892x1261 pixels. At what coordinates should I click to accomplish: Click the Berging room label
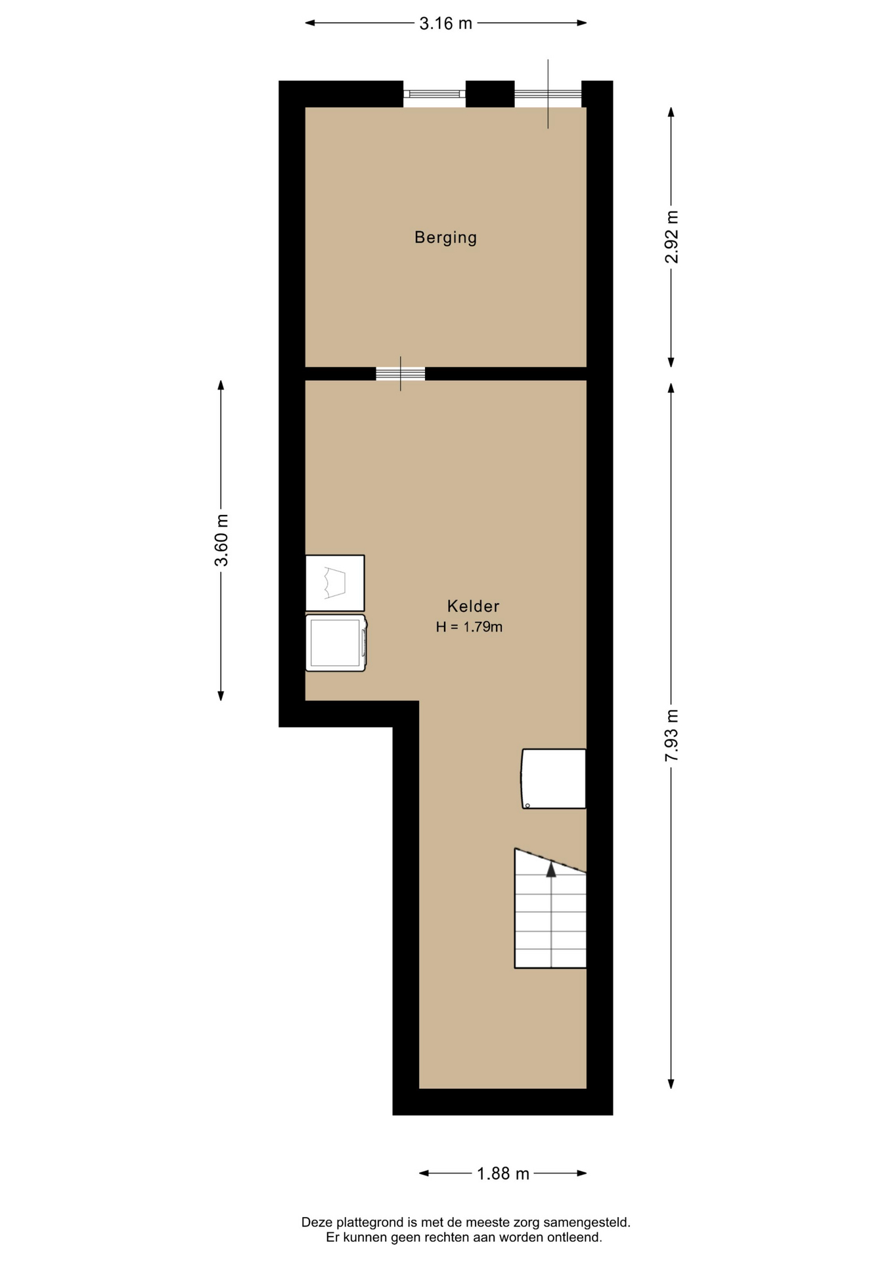[445, 237]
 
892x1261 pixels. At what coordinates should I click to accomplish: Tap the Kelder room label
[473, 606]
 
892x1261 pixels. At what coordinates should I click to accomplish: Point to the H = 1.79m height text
[469, 627]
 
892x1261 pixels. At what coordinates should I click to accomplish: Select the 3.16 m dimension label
[445, 24]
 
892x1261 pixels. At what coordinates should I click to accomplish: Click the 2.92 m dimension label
[671, 237]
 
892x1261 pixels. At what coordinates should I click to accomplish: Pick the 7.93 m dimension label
[671, 736]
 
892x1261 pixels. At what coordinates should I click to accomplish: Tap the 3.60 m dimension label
[221, 541]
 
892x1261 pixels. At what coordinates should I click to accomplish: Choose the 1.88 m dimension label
[502, 1174]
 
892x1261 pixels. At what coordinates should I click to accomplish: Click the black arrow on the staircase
[551, 870]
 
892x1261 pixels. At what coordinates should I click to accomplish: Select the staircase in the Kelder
[550, 908]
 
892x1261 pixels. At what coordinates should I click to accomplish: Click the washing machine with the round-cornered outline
[336, 643]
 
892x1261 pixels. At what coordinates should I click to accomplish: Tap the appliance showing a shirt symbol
[335, 583]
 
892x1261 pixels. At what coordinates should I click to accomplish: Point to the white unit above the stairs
[554, 779]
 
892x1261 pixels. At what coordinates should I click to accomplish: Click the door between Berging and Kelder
[401, 374]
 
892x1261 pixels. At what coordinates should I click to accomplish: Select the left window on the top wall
[434, 94]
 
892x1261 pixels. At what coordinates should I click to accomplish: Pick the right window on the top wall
[548, 94]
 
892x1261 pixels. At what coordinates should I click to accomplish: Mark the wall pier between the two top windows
[490, 94]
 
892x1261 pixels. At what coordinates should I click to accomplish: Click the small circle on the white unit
[527, 806]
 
